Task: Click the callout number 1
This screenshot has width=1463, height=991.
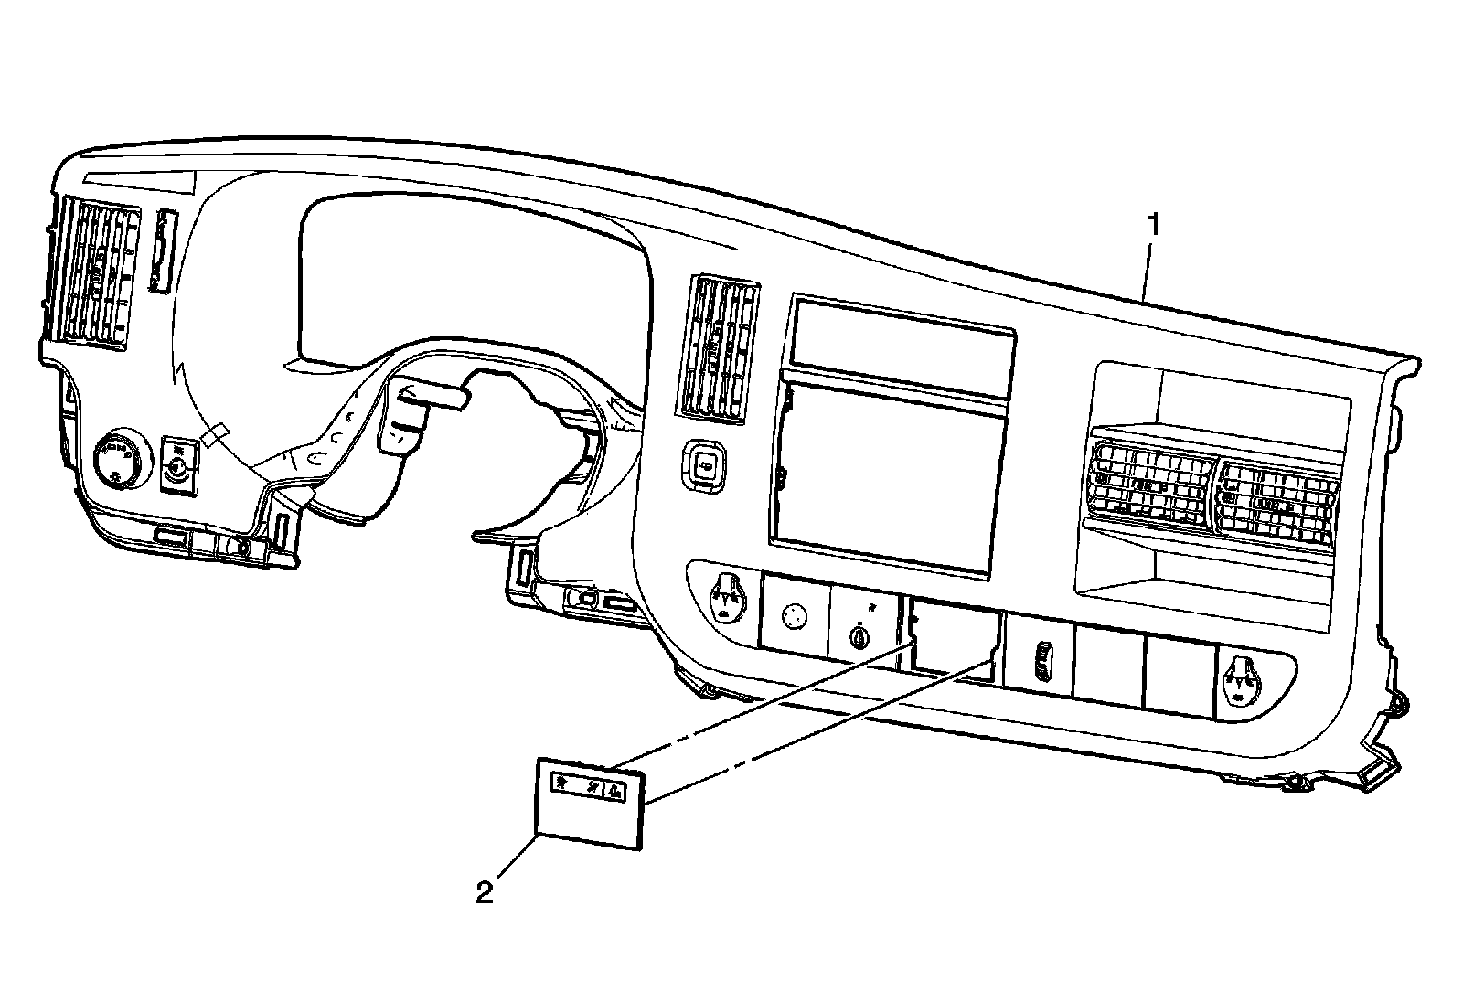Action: coord(1156,224)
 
